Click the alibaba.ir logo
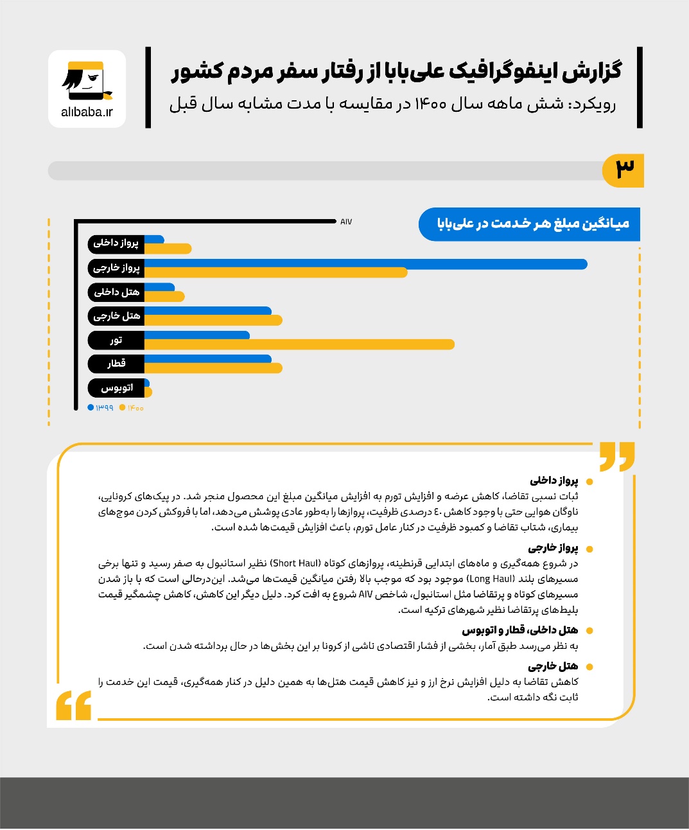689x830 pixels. click(x=87, y=89)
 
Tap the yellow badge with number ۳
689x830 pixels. click(x=624, y=170)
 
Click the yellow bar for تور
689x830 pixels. click(x=299, y=344)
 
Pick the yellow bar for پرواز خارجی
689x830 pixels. click(x=275, y=272)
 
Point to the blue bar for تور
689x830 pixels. click(x=196, y=335)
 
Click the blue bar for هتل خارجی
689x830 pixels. click(x=207, y=312)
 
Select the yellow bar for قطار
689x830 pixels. click(x=213, y=368)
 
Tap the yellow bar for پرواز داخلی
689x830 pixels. click(x=168, y=249)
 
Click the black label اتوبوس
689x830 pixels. click(x=116, y=388)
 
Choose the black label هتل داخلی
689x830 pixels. click(x=116, y=292)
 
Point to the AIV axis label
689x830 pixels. click(x=346, y=222)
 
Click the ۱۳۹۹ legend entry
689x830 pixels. click(x=101, y=408)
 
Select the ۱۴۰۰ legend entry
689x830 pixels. click(x=132, y=408)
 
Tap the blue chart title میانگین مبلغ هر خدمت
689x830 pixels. click(x=532, y=224)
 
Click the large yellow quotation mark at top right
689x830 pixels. click(x=616, y=456)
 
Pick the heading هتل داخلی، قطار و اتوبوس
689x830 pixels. click(x=519, y=630)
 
